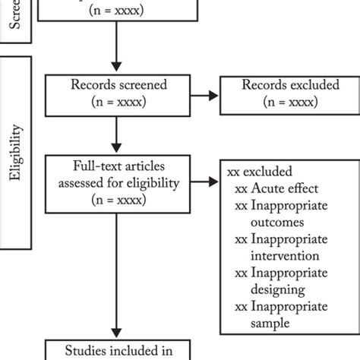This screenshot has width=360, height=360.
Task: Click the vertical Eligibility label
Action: click(x=16, y=152)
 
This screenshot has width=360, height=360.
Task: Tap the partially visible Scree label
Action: click(x=16, y=19)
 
